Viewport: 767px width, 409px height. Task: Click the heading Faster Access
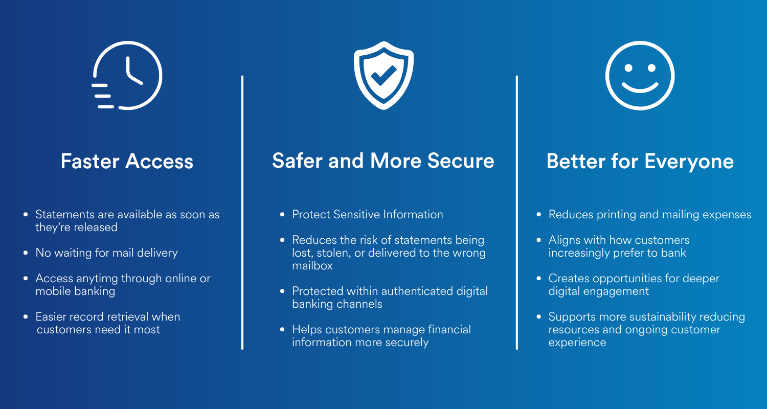[x=127, y=161]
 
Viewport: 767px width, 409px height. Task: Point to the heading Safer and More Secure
[x=383, y=161]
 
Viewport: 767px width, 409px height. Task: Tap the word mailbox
[x=312, y=265]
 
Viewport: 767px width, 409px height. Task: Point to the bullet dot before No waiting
[x=26, y=253]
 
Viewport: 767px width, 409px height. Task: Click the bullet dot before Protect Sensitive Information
[x=282, y=215]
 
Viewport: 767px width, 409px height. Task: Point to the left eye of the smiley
[x=628, y=68]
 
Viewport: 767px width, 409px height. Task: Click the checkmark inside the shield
[x=383, y=76]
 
